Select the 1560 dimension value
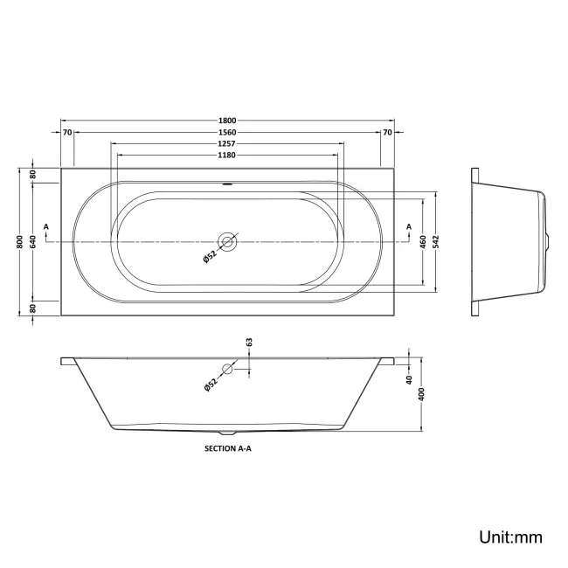click(227, 132)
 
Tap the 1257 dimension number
click(227, 143)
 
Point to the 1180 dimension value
click(227, 155)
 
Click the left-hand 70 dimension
click(67, 132)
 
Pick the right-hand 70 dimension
click(387, 132)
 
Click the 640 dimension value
click(33, 242)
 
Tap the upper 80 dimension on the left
click(33, 176)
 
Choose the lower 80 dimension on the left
click(33, 308)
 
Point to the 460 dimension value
click(424, 242)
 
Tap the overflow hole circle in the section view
click(227, 369)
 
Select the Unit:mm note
click(509, 537)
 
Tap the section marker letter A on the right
click(408, 227)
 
